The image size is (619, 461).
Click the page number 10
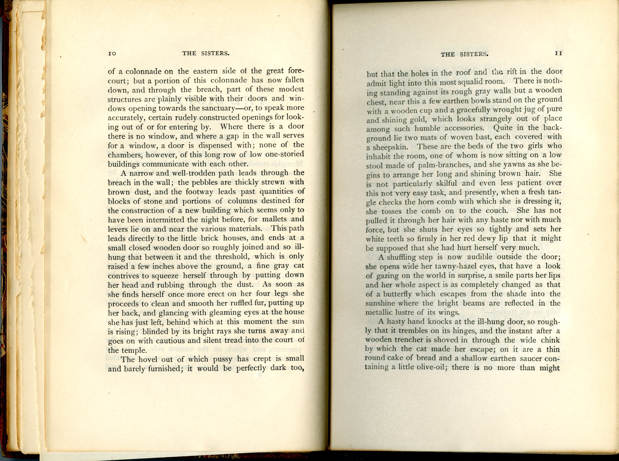coord(112,54)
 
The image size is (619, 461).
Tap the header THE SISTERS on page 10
coord(206,53)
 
